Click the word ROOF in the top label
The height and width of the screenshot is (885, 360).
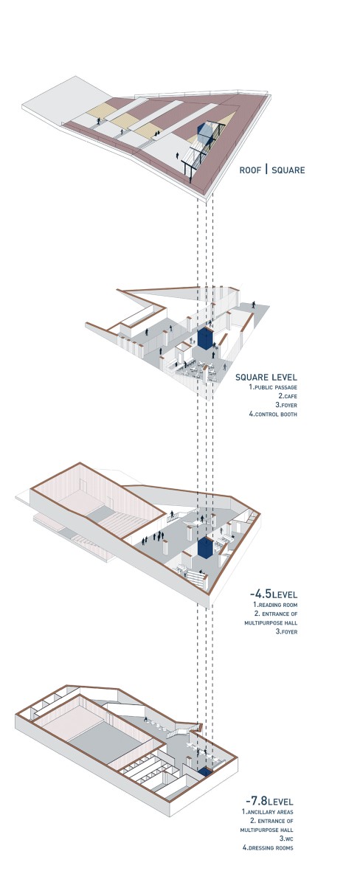[250, 170]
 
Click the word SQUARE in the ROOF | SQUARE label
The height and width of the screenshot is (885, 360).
[288, 170]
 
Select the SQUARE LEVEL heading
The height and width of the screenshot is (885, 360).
[266, 378]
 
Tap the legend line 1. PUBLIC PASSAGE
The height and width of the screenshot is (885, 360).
[273, 387]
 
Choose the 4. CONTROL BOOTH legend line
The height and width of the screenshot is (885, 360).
[273, 414]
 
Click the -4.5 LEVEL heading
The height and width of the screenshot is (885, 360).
[274, 594]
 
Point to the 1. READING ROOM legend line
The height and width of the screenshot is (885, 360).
[275, 605]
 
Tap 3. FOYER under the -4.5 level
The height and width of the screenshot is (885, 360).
[287, 631]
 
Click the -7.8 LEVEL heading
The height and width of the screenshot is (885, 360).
[269, 801]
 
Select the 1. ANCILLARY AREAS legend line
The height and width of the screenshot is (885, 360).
[268, 812]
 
